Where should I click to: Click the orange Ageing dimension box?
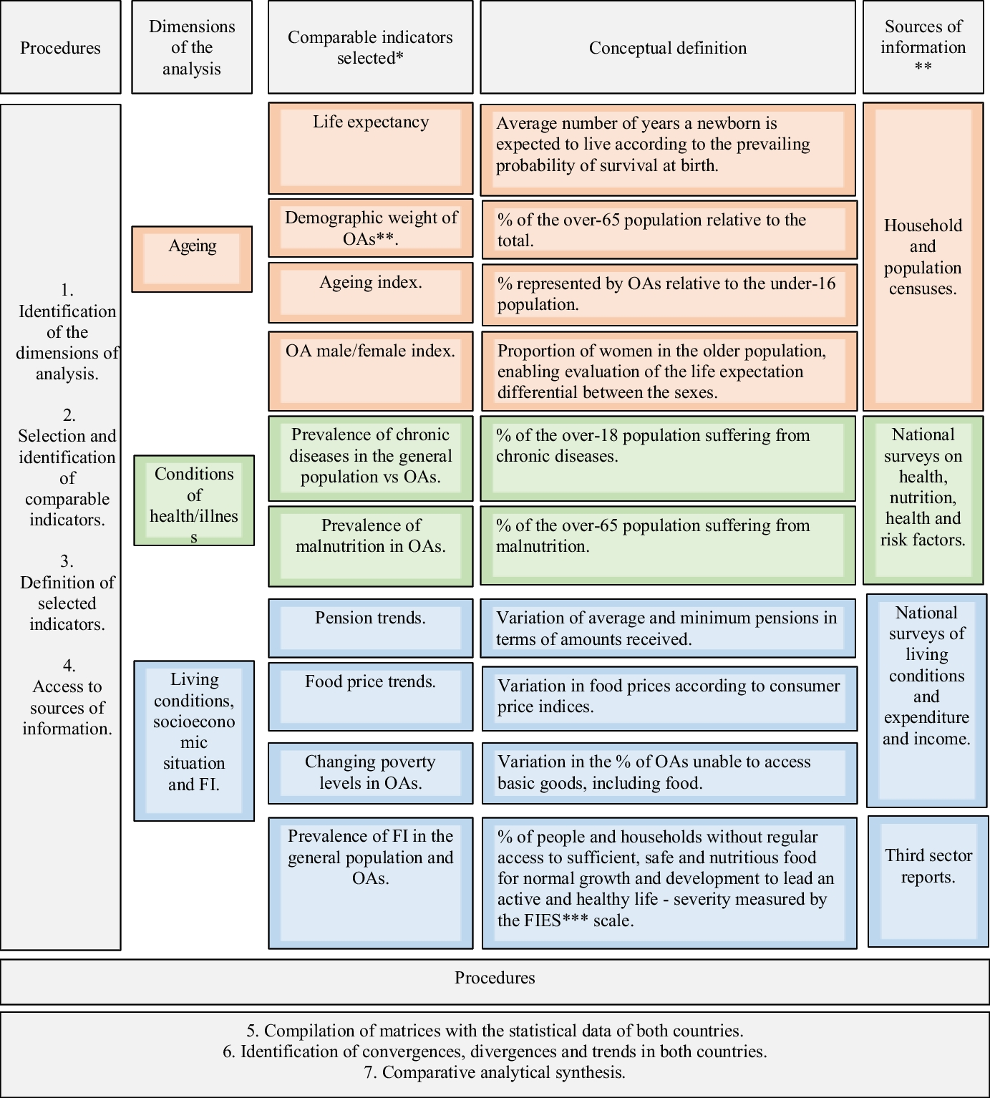192,259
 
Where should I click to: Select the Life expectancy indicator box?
370,148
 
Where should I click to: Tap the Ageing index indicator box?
370,292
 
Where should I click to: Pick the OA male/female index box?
370,370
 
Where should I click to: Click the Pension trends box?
370,628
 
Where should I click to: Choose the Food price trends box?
370,696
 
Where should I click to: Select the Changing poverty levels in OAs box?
370,773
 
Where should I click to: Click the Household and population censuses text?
923,257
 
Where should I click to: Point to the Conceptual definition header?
667,48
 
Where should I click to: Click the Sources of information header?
923,47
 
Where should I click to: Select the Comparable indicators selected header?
370,47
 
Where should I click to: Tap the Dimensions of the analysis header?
192,47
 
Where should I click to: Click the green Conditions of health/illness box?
194,500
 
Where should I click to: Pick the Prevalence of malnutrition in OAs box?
370,545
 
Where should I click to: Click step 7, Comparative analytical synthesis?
495,1072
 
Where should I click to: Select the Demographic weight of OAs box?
370,228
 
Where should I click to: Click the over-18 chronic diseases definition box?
667,458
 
